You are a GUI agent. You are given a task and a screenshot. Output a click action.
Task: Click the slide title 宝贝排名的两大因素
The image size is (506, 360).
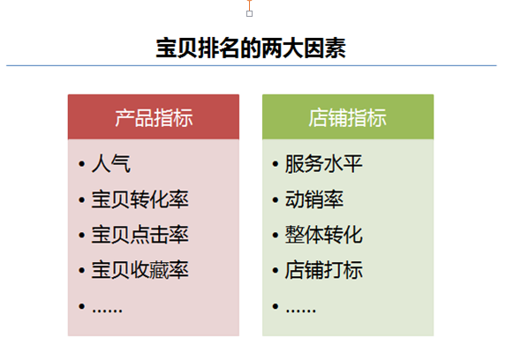pos(251,49)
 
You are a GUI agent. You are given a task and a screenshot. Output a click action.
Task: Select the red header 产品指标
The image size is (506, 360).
pos(154,117)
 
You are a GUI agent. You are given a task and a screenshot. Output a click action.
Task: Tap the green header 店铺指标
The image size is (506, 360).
pos(347,117)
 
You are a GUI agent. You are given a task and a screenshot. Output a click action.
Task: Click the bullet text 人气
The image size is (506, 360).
pos(111,164)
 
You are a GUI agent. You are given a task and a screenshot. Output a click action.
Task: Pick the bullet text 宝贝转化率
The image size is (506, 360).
pos(140,199)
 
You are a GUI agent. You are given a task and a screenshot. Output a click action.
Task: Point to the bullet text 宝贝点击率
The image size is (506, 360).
pos(140,235)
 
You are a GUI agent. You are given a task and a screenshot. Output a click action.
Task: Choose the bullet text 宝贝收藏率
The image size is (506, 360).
pos(140,270)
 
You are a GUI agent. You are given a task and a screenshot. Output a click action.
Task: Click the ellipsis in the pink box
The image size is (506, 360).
pos(107,311)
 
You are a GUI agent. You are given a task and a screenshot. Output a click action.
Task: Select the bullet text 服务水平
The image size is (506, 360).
pos(324,164)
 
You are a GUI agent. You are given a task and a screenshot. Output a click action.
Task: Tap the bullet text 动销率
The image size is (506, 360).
pos(314,199)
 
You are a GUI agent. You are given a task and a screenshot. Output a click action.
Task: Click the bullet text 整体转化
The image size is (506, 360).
pos(324,235)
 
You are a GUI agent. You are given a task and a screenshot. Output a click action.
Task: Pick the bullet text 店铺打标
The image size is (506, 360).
pos(324,270)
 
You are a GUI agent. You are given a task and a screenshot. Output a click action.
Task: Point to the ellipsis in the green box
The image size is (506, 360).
pos(301,311)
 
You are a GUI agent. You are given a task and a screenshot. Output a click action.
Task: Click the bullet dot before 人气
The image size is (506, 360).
pos(81,164)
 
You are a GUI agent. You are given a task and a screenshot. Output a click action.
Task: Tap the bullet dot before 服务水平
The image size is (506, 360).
pos(276,164)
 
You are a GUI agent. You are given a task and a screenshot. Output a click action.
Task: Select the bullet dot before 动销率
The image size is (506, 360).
pos(276,199)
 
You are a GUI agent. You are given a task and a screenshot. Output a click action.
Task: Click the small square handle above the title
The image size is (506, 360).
pos(249,13)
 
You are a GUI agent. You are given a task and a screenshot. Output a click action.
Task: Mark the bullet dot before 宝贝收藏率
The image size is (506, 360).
pos(81,270)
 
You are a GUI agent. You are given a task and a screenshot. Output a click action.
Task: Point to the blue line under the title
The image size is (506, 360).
pos(252,65)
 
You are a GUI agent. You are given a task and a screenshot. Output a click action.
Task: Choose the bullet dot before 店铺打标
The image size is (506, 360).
pos(276,270)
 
